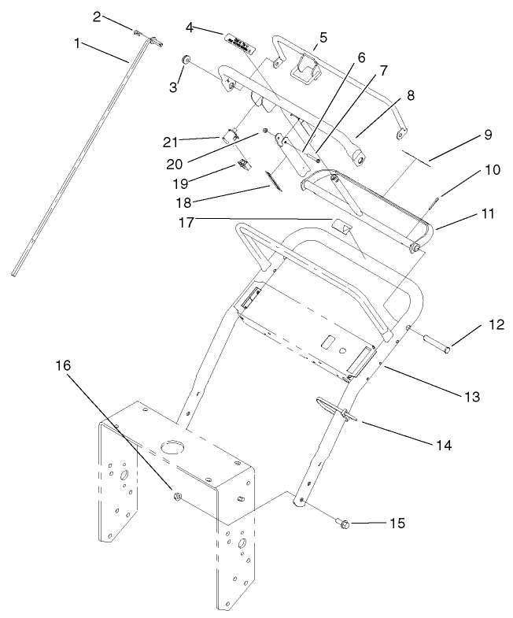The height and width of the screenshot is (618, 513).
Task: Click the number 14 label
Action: click(x=445, y=445)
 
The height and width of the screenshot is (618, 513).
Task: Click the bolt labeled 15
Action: click(x=345, y=523)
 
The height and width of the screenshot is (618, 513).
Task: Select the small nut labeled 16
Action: click(x=177, y=497)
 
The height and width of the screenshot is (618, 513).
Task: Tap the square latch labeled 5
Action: click(x=299, y=70)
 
